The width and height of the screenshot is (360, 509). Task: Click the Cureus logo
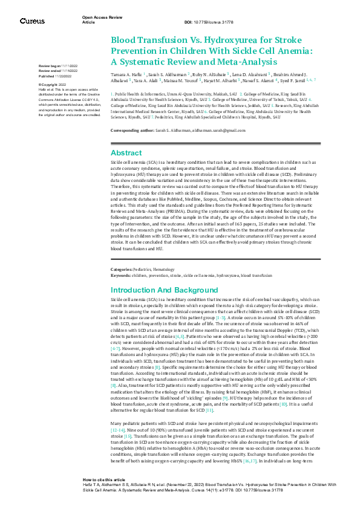pyautogui.click(x=32, y=21)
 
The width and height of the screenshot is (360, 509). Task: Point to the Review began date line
pyautogui.click(x=60, y=65)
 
